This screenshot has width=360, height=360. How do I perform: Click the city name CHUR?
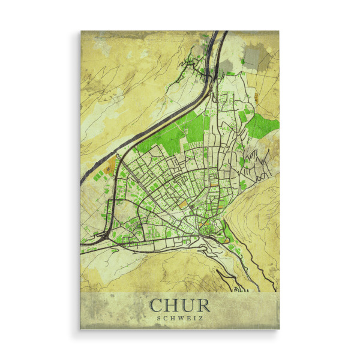pyautogui.click(x=180, y=305)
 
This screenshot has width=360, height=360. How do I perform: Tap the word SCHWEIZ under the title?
pyautogui.click(x=180, y=319)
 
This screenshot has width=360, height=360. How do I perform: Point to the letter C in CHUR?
pyautogui.click(x=158, y=305)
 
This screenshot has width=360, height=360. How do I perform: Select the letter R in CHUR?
pyautogui.click(x=203, y=305)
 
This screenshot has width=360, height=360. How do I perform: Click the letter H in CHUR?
pyautogui.click(x=173, y=305)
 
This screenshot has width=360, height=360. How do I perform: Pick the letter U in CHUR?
pyautogui.click(x=188, y=305)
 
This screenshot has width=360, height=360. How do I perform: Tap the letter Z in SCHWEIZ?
pyautogui.click(x=201, y=319)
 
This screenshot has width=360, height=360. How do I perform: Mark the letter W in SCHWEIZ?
pyautogui.click(x=180, y=319)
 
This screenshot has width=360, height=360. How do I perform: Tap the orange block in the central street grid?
pyautogui.click(x=182, y=203)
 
